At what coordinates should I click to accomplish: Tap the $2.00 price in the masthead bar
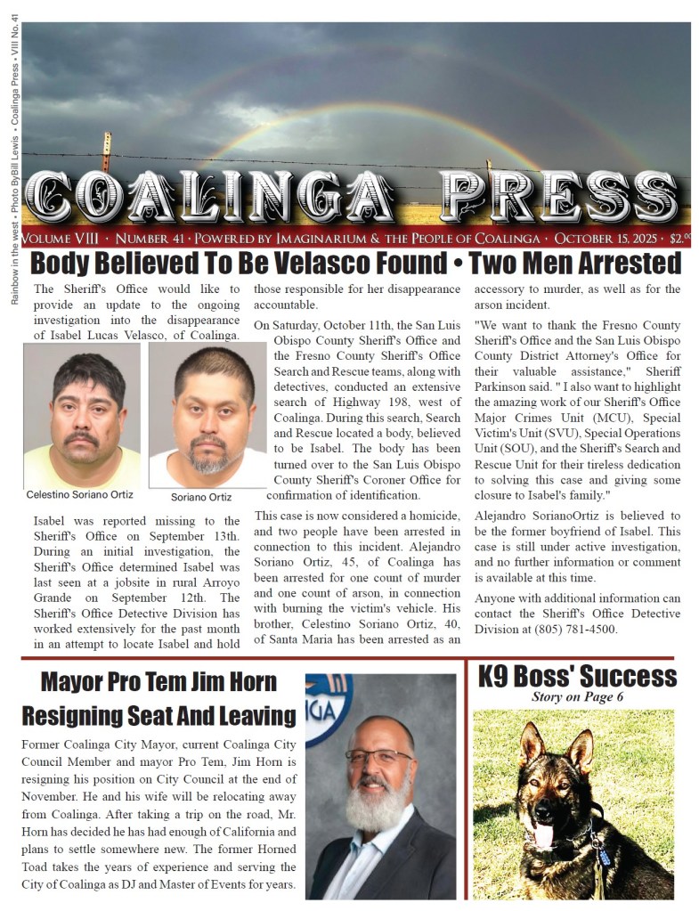point(681,239)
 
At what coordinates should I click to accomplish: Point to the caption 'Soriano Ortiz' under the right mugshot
point(201,496)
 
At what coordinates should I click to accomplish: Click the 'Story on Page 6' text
point(577,697)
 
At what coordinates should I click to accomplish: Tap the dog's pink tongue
point(542,834)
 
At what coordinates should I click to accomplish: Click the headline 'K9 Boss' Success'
point(577,676)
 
